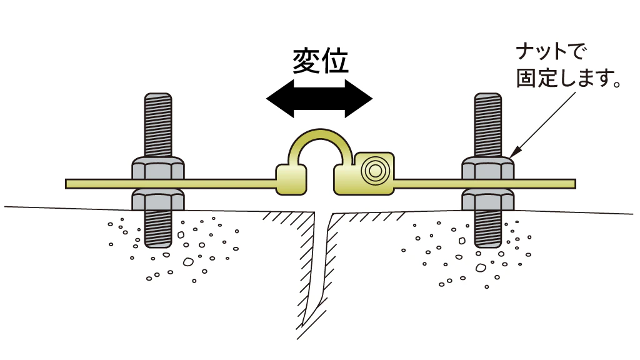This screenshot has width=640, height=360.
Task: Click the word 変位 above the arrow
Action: pyautogui.click(x=320, y=61)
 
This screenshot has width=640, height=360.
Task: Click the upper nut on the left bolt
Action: pyautogui.click(x=158, y=169)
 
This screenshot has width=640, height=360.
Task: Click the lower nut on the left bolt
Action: pyautogui.click(x=158, y=199)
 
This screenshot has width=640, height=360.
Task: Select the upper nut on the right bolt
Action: pyautogui.click(x=487, y=169)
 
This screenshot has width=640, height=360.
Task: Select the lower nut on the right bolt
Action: pyautogui.click(x=487, y=199)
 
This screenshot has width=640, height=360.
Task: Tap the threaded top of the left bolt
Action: pyautogui.click(x=158, y=122)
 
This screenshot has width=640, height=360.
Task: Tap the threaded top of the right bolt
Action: pyautogui.click(x=487, y=122)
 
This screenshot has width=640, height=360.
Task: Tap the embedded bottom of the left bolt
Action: pyautogui.click(x=158, y=234)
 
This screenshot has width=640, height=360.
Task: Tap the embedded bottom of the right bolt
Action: pyautogui.click(x=487, y=234)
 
